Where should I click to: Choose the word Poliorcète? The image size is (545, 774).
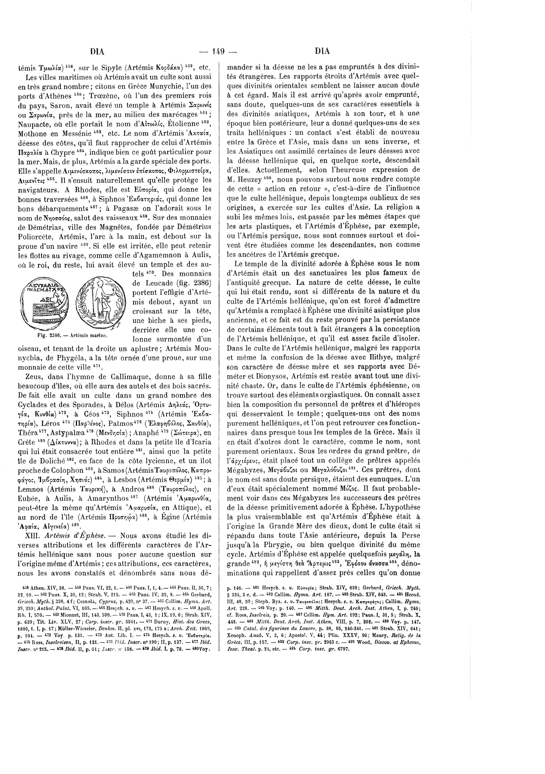pos(35,236)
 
